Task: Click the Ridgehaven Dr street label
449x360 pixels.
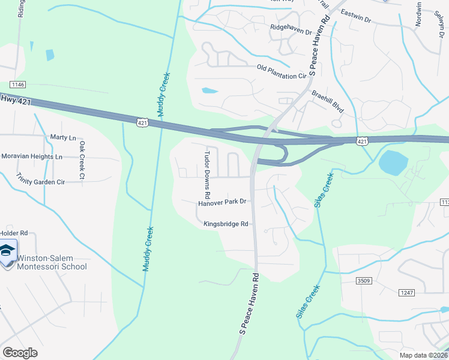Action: point(291,28)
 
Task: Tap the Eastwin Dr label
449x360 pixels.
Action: point(356,16)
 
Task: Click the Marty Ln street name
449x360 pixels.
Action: point(64,137)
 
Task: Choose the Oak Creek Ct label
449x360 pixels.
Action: point(82,161)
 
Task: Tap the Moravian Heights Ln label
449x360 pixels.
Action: point(32,157)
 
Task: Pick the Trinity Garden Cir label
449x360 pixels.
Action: point(41,179)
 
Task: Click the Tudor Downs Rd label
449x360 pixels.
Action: point(206,173)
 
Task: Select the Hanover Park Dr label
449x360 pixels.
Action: point(223,203)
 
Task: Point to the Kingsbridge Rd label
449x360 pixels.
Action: point(226,224)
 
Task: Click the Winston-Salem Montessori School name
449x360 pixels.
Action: point(52,263)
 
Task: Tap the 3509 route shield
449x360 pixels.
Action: point(363,280)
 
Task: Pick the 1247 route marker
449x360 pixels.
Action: point(406,292)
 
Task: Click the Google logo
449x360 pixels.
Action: point(20,353)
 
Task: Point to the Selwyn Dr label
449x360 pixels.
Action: point(437,23)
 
